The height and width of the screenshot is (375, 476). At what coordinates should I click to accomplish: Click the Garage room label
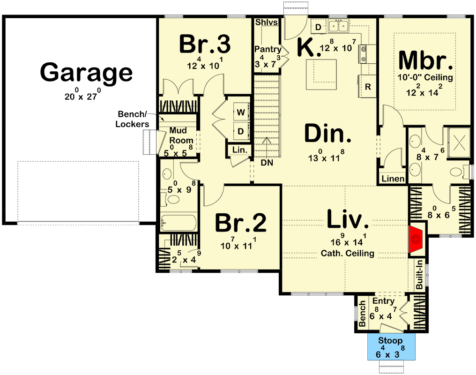coord(87,73)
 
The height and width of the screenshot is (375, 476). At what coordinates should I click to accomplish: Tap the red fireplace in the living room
coord(415,239)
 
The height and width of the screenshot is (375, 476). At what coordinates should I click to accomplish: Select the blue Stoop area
coord(391,347)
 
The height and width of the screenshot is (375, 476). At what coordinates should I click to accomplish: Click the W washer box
coord(240,112)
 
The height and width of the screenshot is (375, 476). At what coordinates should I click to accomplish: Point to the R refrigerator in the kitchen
coord(368,87)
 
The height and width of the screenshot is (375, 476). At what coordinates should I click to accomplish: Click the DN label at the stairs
coord(267,163)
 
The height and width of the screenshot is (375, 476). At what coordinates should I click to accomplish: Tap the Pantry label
coord(268,49)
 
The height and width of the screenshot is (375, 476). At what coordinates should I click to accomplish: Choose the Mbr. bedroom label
coord(426,60)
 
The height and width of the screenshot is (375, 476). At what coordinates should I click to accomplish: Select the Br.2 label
coord(241,223)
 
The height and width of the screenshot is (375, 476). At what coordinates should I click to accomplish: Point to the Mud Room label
coord(181,135)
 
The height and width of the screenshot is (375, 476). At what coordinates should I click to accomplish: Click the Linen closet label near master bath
coord(392,179)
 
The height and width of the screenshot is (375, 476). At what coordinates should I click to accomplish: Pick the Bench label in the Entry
coord(362,314)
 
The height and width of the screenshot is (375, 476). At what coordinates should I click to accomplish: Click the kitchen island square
coord(322,75)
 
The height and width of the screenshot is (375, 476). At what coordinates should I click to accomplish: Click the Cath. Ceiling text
coord(347,254)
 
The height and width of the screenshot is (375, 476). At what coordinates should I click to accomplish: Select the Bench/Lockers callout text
coord(133,119)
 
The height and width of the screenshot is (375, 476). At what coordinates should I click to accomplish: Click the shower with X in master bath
coord(459,139)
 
